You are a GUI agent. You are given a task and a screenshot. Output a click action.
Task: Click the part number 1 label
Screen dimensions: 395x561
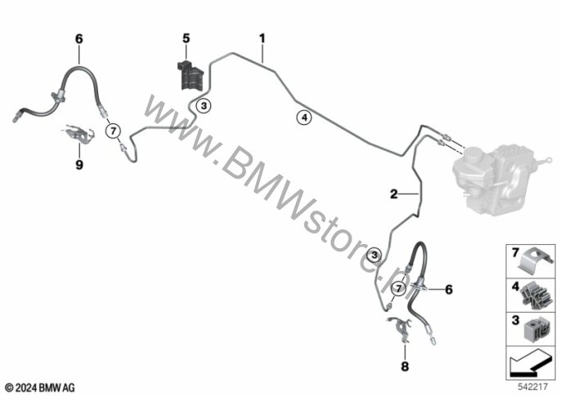tap(263, 38)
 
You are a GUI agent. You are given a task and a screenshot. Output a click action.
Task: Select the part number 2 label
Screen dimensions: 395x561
tap(393, 194)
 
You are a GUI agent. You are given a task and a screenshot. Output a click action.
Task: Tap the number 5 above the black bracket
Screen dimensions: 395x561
tap(186, 38)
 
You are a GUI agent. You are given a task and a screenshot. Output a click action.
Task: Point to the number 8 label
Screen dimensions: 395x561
tap(403, 368)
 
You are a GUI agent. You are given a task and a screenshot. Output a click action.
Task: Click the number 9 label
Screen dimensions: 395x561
tap(79, 163)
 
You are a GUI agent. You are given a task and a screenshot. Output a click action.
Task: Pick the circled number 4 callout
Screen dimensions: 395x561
tap(303, 118)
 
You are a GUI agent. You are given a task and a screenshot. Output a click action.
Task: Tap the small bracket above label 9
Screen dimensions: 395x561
tap(79, 135)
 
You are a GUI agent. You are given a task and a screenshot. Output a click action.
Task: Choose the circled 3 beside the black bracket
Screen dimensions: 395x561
tap(204, 104)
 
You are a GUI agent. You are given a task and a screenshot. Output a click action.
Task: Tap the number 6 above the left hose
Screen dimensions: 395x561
tap(79, 38)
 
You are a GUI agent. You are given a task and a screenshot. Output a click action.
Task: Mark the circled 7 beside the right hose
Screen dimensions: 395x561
tap(398, 287)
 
